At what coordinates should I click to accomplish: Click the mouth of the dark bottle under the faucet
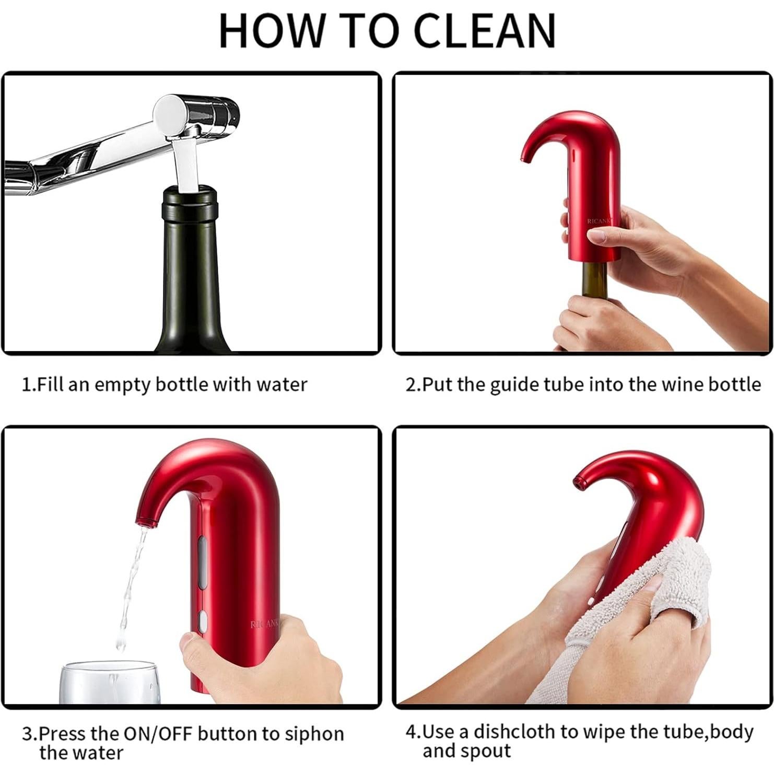click(x=190, y=195)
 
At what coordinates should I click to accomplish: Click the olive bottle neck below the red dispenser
click(x=595, y=277)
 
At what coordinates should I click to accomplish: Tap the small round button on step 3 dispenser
click(x=203, y=620)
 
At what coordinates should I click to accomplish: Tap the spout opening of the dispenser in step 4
click(x=578, y=481)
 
